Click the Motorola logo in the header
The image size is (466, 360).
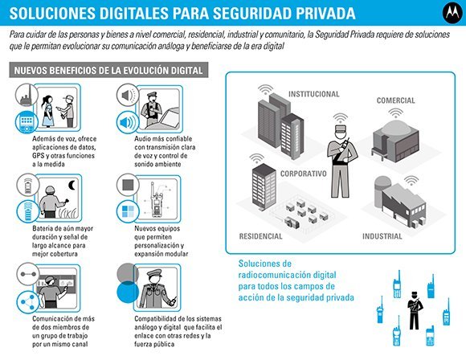[x=452, y=13]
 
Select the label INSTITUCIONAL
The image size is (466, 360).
[x=314, y=94]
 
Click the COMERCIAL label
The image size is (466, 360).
[x=395, y=100]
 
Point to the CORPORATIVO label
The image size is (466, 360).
[x=304, y=174]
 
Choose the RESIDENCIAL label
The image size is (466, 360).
[x=260, y=236]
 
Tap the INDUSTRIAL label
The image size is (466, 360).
[x=382, y=236]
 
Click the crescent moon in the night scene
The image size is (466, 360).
[x=72, y=185]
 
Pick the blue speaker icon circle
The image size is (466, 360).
[x=128, y=122]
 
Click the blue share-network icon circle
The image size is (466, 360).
[x=27, y=302]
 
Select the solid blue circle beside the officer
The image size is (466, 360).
[x=128, y=292]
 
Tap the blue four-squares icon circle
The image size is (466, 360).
[x=128, y=211]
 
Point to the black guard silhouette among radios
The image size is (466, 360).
[x=415, y=310]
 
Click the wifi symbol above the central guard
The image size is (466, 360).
[x=341, y=117]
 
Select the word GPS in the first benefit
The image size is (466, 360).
[x=38, y=156]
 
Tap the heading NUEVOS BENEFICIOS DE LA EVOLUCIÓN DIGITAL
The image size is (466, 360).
[x=108, y=71]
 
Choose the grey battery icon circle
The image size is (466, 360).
[x=27, y=185]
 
